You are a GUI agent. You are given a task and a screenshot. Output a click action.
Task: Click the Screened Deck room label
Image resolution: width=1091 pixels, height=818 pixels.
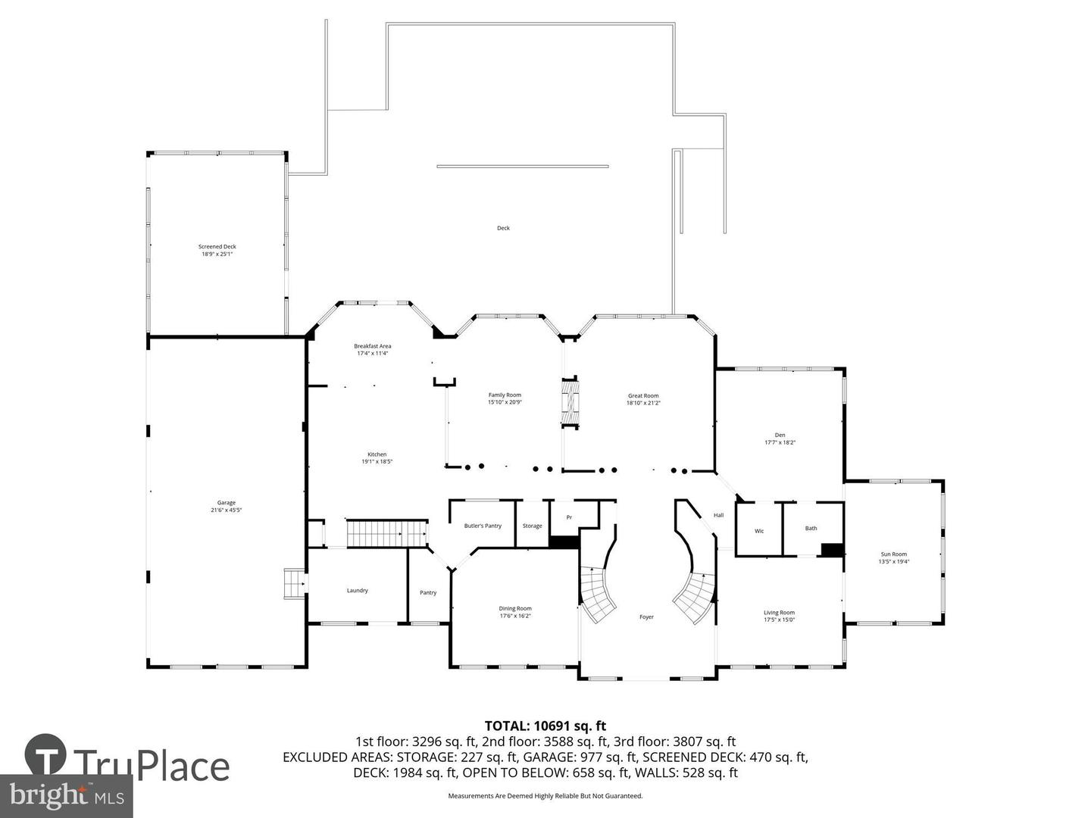pos(217,246)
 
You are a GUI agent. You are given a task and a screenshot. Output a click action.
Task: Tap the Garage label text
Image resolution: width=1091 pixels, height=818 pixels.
pos(227,502)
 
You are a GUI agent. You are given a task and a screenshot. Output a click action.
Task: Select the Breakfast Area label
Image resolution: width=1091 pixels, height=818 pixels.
pos(373,346)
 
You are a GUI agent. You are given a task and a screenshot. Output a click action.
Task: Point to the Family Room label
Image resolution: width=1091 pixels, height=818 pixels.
pos(505,395)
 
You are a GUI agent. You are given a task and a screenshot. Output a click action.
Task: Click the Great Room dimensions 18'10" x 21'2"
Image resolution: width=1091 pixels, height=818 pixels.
pos(643,403)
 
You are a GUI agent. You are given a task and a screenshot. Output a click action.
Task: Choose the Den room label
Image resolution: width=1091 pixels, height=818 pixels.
pos(780,435)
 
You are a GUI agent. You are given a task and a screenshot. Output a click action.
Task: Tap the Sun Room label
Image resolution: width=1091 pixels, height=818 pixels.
pos(893,554)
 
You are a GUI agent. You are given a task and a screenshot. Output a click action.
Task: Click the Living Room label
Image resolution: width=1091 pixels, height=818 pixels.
pos(779,612)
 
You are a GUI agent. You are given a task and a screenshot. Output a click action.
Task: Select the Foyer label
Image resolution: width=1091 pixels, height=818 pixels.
pos(646,617)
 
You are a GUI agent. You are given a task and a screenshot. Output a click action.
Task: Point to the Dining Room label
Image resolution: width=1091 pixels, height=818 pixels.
pos(515,608)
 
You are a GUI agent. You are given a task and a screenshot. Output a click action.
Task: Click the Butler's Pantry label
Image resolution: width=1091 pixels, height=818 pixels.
pos(483,526)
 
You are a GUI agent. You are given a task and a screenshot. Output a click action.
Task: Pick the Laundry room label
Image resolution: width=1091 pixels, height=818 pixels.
pos(357,590)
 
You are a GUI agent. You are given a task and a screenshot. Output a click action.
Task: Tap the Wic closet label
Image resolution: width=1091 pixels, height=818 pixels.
pos(759,531)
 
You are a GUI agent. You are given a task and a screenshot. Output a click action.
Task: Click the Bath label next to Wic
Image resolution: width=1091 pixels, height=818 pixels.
pos(811,528)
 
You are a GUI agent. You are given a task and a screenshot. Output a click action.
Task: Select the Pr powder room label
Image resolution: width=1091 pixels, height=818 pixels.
pos(569,517)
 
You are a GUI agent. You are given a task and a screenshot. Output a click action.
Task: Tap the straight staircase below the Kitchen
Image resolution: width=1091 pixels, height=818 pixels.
pos(386,533)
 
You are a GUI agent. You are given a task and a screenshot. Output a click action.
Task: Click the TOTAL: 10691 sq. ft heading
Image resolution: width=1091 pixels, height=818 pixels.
pos(545,726)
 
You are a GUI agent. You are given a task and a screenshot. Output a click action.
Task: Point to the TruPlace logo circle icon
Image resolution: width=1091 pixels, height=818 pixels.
pos(45,754)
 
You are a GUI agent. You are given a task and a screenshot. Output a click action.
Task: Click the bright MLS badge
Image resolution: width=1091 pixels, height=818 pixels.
pos(66,795)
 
